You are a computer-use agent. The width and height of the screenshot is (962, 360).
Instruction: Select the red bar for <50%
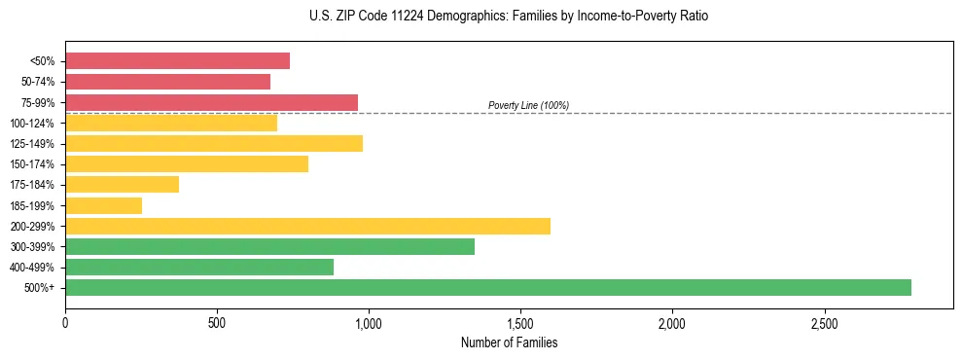(177, 61)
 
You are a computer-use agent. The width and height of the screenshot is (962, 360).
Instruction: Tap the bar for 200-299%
(307, 226)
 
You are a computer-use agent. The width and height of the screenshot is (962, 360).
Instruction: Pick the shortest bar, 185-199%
(103, 205)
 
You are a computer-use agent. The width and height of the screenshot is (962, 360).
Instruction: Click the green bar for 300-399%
(269, 246)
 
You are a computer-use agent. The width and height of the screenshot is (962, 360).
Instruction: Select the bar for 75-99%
(211, 102)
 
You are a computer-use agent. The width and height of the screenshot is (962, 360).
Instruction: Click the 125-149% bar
(214, 143)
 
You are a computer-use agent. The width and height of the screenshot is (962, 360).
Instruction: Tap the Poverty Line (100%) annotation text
(528, 105)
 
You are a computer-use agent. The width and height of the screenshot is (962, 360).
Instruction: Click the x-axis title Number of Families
(509, 342)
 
